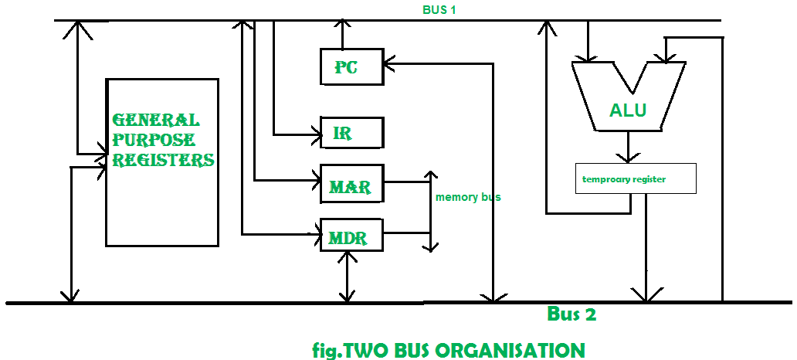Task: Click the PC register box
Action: pyautogui.click(x=351, y=66)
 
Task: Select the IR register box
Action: pyautogui.click(x=351, y=133)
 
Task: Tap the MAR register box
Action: pyautogui.click(x=351, y=185)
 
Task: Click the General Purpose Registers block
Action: pyautogui.click(x=161, y=162)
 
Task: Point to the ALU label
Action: pyautogui.click(x=628, y=110)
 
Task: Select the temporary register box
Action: pyautogui.click(x=636, y=178)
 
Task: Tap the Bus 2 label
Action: pyautogui.click(x=571, y=314)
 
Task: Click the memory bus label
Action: pyautogui.click(x=468, y=197)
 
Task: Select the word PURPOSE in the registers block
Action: pyautogui.click(x=154, y=141)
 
